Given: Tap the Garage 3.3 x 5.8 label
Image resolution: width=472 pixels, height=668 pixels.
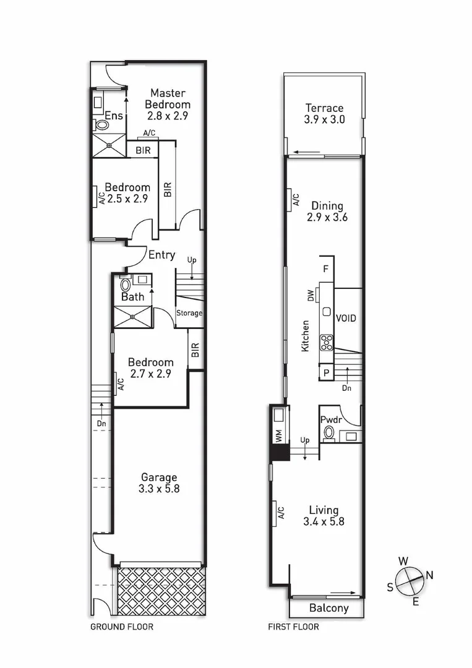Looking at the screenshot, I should pos(159,483).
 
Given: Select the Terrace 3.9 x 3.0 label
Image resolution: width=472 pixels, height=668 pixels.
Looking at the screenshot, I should pos(324,114).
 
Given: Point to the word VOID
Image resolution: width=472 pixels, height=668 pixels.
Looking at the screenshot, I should pos(346,318).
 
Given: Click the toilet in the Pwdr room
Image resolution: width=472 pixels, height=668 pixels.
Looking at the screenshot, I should pos(328,431).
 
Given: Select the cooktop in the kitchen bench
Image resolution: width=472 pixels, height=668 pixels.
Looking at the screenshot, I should pos(326,342).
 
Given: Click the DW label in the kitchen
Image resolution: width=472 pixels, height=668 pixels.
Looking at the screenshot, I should pos(311,297).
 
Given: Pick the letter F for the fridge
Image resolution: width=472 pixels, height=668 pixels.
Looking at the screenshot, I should pos(325,269).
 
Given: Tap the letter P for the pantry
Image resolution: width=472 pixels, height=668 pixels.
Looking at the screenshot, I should pos(325,372).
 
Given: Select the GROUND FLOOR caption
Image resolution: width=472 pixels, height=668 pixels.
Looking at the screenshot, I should pos(122,627).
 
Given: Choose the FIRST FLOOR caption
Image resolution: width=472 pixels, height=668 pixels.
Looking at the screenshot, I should pos(293,627).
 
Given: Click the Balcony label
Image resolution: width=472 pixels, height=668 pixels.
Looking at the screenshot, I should pos(328,608).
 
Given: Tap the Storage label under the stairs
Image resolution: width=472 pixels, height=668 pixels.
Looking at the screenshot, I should pos(189,313).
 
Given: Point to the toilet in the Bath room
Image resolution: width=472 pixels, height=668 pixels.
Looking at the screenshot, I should pos(126,285).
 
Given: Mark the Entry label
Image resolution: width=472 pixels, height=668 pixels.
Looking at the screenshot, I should pos(161,254).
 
